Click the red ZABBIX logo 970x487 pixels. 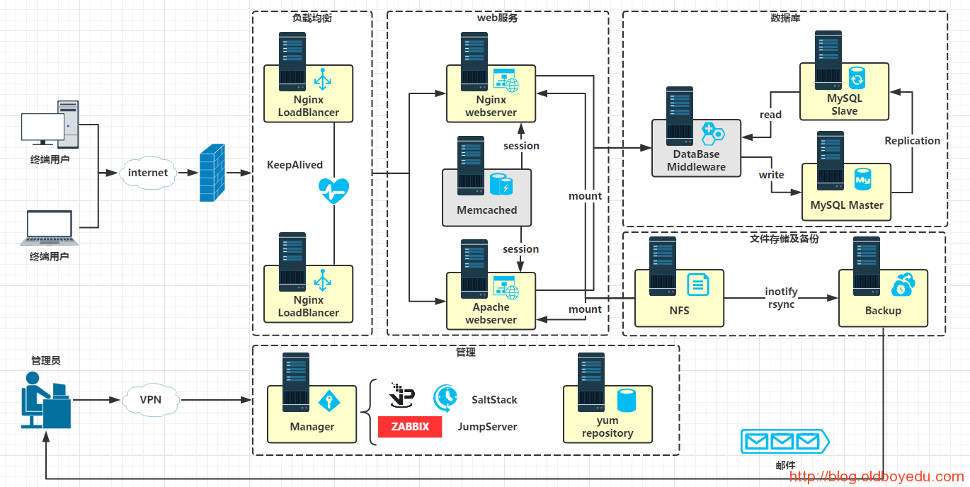point(410,427)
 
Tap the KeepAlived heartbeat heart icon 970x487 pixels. point(333,190)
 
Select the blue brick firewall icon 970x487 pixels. point(212,173)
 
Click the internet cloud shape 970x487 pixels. point(148,173)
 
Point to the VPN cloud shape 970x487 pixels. point(151,400)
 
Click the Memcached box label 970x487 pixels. point(487,210)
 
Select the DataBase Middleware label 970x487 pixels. point(696,161)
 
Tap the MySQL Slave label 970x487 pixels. point(845,105)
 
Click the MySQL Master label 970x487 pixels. point(847,205)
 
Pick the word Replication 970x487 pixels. point(912,141)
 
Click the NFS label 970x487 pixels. point(679,311)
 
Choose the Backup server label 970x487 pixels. point(883,311)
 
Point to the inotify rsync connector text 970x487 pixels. point(781,298)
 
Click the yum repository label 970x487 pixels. point(607,427)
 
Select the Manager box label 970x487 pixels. point(312,427)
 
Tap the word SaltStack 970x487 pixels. point(494,400)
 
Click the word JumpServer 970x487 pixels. point(487,427)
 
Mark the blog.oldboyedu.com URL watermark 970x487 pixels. point(877,477)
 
